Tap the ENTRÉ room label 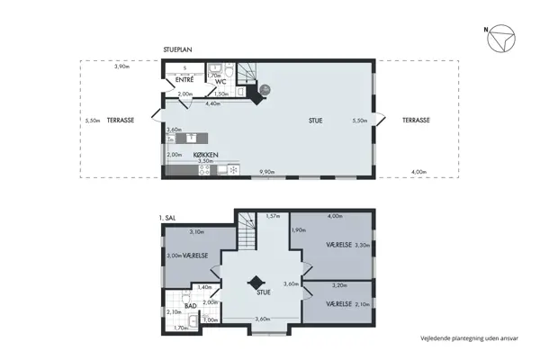point(184,80)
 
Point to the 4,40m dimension point(213,104)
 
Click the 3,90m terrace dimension point(121,67)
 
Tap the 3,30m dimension point(363,245)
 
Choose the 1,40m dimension point(204,288)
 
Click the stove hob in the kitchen point(233,169)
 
